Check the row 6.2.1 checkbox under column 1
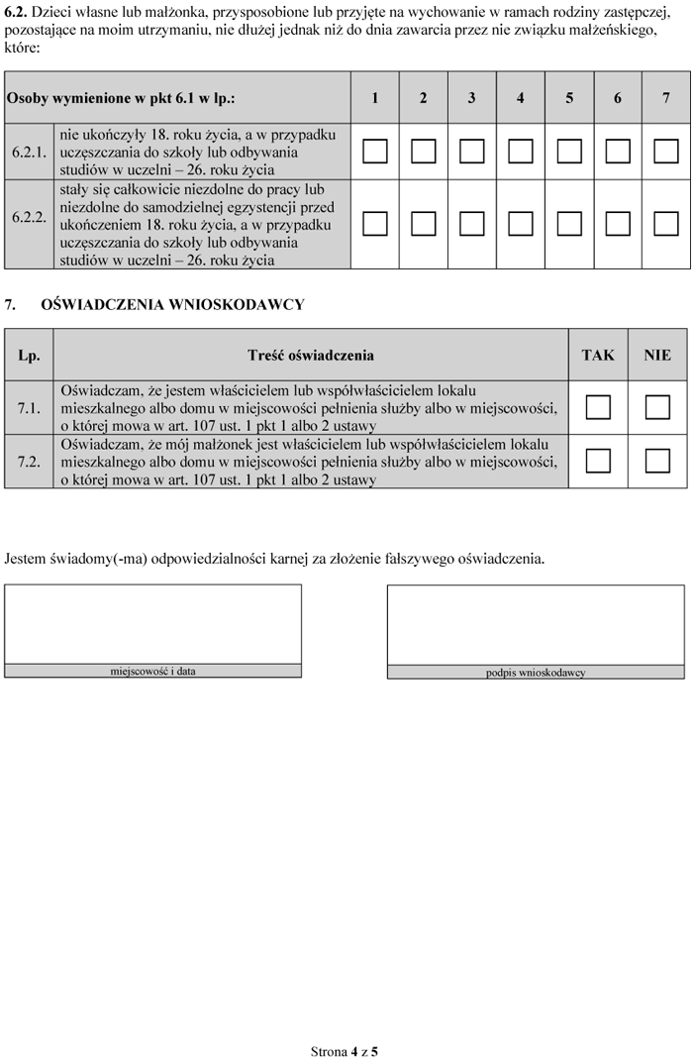[375, 152]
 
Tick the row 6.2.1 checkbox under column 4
[521, 152]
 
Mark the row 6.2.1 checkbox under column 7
[666, 152]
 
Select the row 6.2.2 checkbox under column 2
[424, 224]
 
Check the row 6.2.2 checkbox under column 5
[569, 224]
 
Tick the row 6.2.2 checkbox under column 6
[618, 224]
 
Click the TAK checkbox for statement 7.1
[598, 407]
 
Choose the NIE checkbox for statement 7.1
[657, 407]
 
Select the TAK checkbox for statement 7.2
[598, 461]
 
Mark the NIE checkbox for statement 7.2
[657, 461]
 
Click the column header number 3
[472, 98]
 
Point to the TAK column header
[598, 355]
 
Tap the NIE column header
[657, 355]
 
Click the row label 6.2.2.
[29, 216]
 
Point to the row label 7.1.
[29, 407]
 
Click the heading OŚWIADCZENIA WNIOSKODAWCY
[172, 305]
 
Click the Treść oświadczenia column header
[311, 355]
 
